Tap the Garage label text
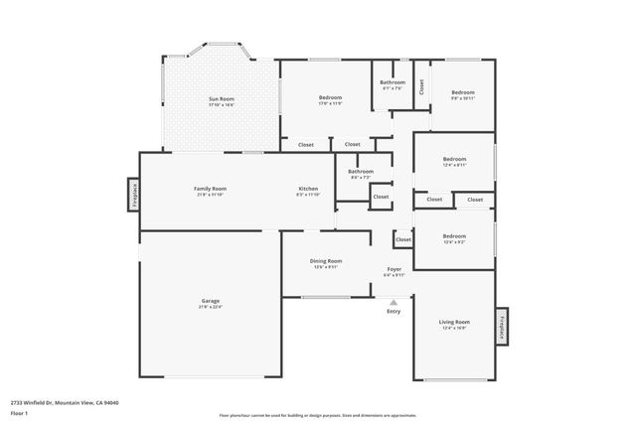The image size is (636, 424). pyautogui.click(x=211, y=301)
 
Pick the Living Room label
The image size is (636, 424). pyautogui.click(x=454, y=322)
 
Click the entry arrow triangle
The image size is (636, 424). pyautogui.click(x=394, y=303)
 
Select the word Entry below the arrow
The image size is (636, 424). pyautogui.click(x=394, y=312)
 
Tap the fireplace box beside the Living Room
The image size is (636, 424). pyautogui.click(x=502, y=326)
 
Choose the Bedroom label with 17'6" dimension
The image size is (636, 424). pyautogui.click(x=330, y=97)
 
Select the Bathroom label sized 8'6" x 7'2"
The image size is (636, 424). pyautogui.click(x=360, y=172)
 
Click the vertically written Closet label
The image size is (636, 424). pyautogui.click(x=421, y=86)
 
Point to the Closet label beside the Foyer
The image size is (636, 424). pyautogui.click(x=402, y=239)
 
